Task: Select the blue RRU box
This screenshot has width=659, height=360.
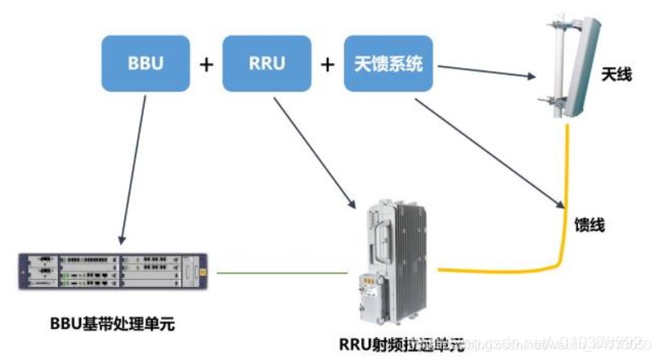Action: [267, 62]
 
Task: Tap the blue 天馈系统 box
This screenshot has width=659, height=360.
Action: [388, 62]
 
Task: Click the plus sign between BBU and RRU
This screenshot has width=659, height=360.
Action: [206, 64]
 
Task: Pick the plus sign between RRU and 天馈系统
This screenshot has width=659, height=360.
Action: [327, 64]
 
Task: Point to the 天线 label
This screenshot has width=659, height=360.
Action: [615, 75]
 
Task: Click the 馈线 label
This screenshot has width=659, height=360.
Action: [590, 224]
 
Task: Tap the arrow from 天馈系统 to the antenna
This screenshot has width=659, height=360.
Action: [482, 72]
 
